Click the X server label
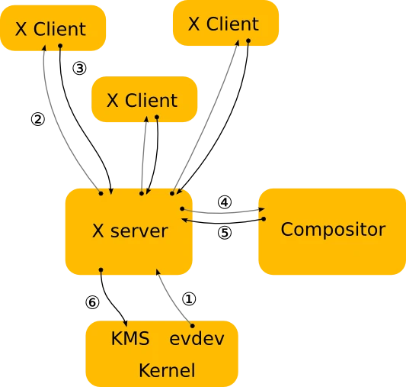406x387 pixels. coord(129,231)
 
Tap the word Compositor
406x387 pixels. coord(333,229)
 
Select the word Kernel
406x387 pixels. coord(166,371)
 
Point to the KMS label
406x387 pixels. coord(130,339)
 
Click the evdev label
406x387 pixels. coord(197,339)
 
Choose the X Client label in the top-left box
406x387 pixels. coord(50,29)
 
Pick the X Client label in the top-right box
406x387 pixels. coord(223,24)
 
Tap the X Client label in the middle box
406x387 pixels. coord(142,100)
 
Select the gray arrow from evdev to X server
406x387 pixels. coord(168,293)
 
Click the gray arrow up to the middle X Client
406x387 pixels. coord(142,153)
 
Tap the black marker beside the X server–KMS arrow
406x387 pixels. coord(94,302)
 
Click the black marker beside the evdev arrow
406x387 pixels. coord(187,297)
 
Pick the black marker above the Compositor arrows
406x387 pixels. coord(222,199)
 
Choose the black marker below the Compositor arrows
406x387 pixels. coord(224,234)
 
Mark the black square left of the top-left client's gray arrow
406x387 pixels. coord(39,118)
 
